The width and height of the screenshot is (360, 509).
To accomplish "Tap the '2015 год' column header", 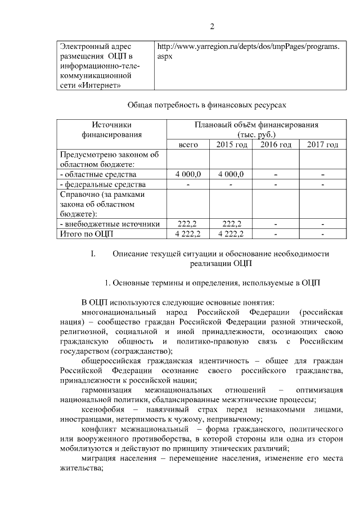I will (232, 145).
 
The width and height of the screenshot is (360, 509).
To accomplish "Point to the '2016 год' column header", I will (276, 145).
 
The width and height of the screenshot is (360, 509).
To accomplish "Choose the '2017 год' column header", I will (322, 145).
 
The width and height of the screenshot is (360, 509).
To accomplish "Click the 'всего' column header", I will (188, 145).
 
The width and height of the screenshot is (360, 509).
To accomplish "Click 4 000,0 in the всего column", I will (188, 174).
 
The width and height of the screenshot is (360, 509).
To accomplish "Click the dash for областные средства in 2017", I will (323, 174).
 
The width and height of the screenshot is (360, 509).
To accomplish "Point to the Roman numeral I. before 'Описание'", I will (94, 254).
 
